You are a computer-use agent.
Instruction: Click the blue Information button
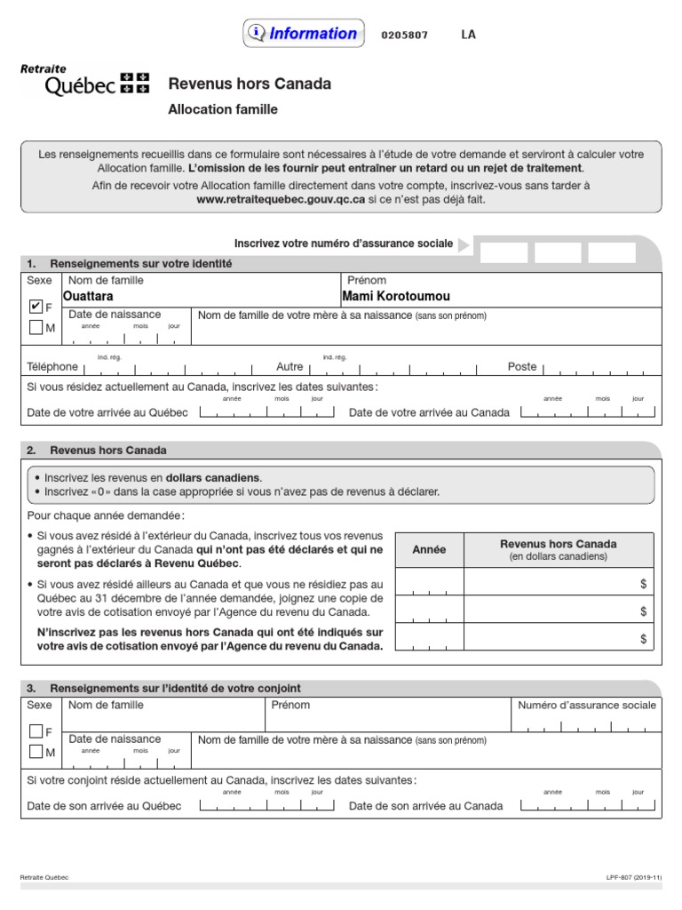[x=303, y=34]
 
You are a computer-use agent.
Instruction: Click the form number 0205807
[x=404, y=36]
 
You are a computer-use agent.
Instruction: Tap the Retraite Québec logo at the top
[x=84, y=80]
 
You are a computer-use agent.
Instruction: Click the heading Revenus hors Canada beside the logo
[x=250, y=84]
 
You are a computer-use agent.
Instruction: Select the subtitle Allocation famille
[x=223, y=109]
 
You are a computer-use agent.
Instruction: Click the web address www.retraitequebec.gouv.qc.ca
[x=281, y=200]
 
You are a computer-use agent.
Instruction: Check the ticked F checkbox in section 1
[x=36, y=307]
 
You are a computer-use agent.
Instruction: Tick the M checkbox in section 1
[x=36, y=328]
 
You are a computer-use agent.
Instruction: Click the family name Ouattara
[x=88, y=296]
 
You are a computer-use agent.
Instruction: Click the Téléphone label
[x=52, y=366]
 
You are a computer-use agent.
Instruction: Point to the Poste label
[x=522, y=366]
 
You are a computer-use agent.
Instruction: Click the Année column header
[x=429, y=550]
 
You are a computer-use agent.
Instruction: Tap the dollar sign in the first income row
[x=643, y=583]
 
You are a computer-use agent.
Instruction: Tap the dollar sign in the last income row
[x=643, y=639]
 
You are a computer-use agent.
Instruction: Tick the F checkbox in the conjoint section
[x=36, y=731]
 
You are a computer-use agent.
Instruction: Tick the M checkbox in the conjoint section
[x=36, y=753]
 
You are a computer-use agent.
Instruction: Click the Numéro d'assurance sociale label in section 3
[x=587, y=705]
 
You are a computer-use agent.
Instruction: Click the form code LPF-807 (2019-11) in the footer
[x=634, y=877]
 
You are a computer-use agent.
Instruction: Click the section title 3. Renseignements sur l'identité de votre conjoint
[x=176, y=688]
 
